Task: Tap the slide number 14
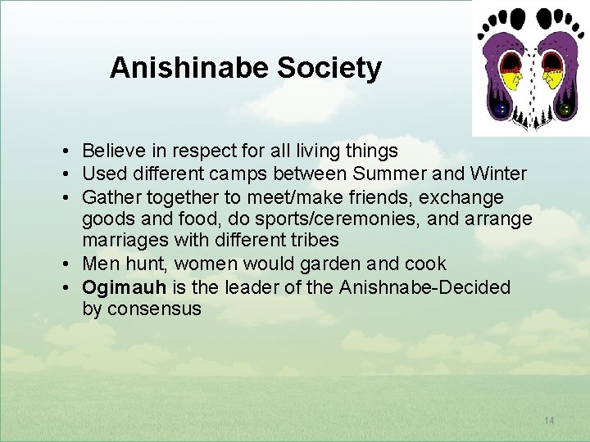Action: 549,421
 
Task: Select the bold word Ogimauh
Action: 124,287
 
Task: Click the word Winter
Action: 498,174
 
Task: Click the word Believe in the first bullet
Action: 111,151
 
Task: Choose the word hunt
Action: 139,264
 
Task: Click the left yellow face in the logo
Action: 512,79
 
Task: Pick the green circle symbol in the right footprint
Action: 565,109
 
